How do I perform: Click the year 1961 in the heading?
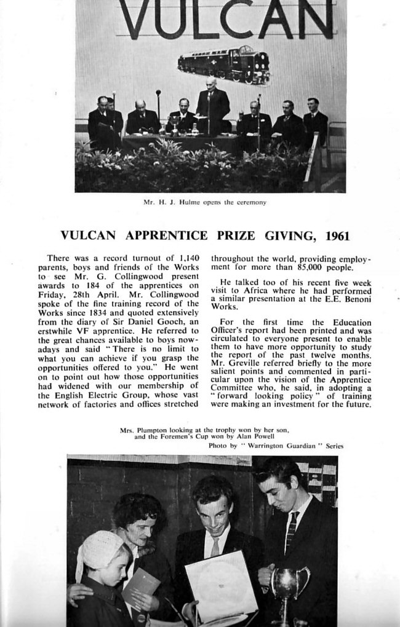pos(338,235)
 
